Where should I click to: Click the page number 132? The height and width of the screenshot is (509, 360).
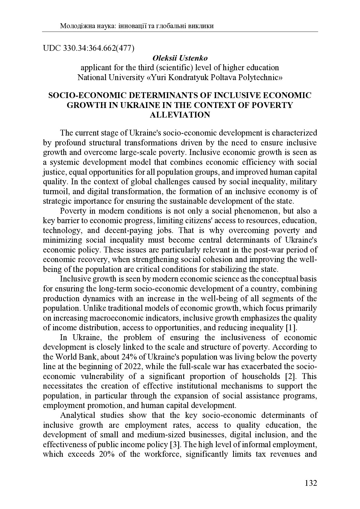coord(311,483)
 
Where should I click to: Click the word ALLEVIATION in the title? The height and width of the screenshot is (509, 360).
coord(180,115)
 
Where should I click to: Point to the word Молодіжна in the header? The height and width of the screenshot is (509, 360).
coord(73,26)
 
